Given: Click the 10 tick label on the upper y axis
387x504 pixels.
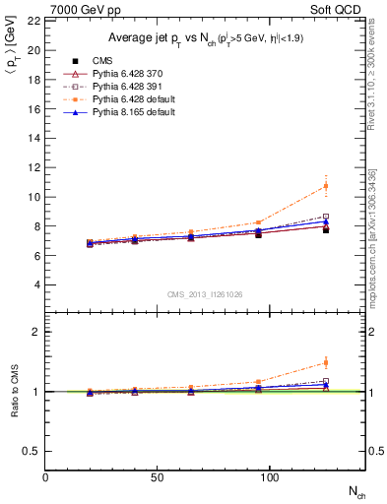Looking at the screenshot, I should click(33, 197).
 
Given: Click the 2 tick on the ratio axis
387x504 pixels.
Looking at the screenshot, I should click(36, 332).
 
